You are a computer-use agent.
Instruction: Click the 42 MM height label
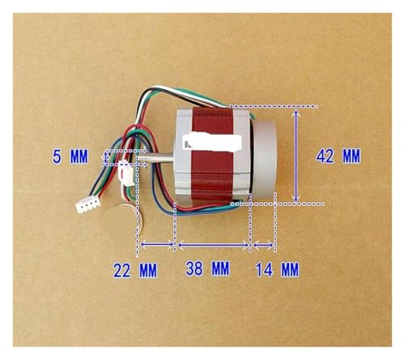[x=338, y=156]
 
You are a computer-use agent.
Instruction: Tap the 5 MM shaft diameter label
[x=70, y=156]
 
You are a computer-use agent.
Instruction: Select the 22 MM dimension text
[x=135, y=270]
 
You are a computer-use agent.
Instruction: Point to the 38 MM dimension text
[x=207, y=268]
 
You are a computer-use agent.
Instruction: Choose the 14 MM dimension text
[x=277, y=270]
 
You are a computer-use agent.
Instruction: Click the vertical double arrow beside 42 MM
[x=296, y=156]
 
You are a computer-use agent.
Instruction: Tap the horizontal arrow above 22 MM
[x=157, y=245]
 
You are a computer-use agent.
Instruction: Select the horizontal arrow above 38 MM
[x=213, y=245]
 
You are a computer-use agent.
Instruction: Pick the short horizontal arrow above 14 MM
[x=263, y=245]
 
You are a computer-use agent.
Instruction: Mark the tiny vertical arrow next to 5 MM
[x=106, y=156]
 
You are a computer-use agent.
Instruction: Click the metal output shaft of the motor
[x=156, y=158]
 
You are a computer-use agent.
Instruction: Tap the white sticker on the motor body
[x=212, y=142]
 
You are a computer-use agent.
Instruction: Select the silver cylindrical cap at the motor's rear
[x=263, y=161]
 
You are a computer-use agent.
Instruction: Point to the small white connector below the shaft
[x=126, y=174]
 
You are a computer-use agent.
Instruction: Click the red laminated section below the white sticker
[x=212, y=177]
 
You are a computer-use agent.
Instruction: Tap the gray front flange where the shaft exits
[x=184, y=152]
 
